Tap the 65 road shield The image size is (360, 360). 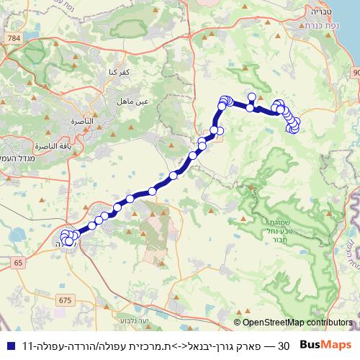pyautogui.click(x=17, y=264)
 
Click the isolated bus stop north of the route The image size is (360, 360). pyautogui.click(x=251, y=96)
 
